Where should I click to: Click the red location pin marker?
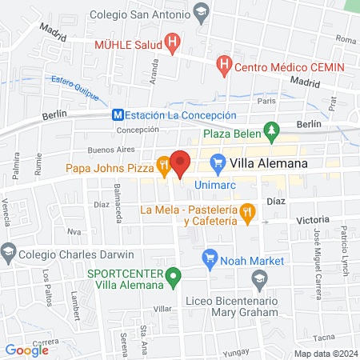tap(180, 163)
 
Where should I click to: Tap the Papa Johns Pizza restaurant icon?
tap(163, 166)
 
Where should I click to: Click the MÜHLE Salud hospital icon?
tap(170, 42)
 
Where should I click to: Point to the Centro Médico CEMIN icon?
tap(224, 62)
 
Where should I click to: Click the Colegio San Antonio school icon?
tap(201, 10)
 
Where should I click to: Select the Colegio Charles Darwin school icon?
tap(9, 251)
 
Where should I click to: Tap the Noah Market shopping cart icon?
tap(210, 258)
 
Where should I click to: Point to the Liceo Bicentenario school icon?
tap(258, 278)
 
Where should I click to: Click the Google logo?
tap(26, 349)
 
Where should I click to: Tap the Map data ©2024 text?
tap(325, 354)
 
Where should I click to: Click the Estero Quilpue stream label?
tap(75, 85)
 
